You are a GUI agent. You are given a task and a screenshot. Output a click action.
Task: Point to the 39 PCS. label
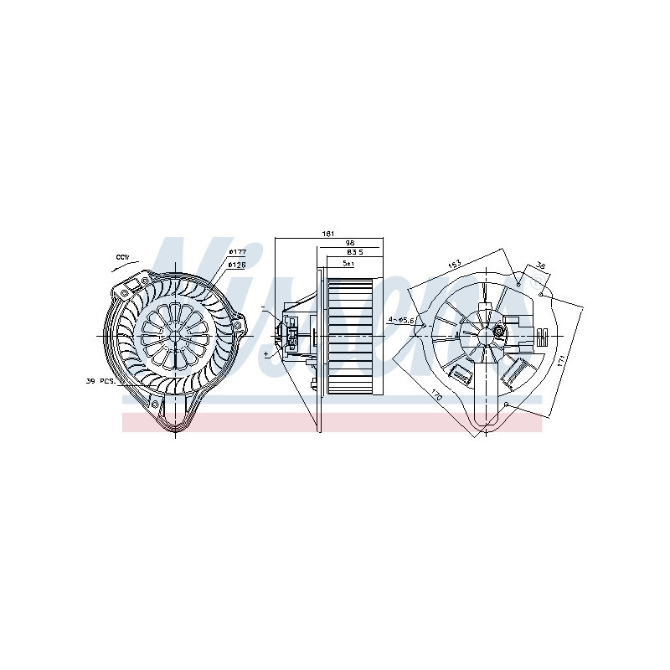tap(102, 381)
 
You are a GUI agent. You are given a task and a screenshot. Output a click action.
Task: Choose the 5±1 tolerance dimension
tap(348, 263)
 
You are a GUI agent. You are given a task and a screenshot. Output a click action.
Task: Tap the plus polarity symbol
tap(266, 354)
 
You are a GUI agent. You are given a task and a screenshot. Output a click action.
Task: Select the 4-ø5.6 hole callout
tap(401, 320)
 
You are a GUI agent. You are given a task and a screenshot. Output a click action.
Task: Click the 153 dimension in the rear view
tap(455, 265)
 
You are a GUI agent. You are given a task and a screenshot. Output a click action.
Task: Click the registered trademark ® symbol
tap(518, 283)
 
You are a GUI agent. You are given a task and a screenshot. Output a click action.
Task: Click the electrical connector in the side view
tap(292, 333)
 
